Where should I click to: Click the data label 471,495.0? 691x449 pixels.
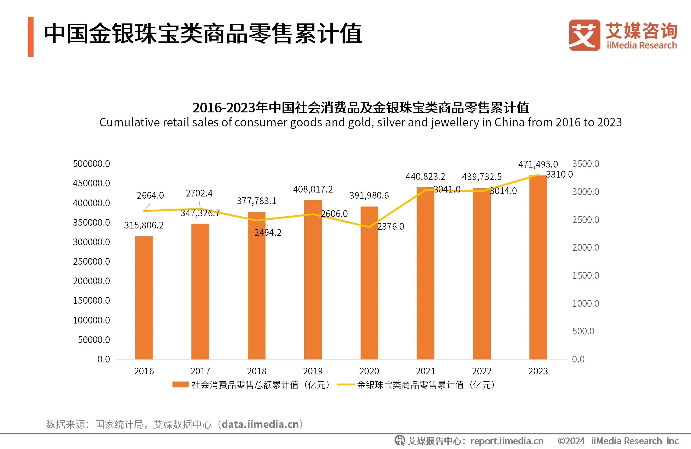point(538,164)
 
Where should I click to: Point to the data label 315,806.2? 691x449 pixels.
point(144,225)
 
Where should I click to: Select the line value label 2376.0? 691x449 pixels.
point(390,227)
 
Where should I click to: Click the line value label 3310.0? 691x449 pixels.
point(559,175)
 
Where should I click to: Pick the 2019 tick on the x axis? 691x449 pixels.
point(313,371)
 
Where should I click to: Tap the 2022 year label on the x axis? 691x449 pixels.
point(482,371)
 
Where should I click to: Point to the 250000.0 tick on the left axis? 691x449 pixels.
point(91,261)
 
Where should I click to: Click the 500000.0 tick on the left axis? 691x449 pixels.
point(91,164)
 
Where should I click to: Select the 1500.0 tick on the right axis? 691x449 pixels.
point(586,275)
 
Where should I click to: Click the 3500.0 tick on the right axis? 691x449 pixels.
point(586,164)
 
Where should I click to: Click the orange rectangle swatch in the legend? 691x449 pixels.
point(180,385)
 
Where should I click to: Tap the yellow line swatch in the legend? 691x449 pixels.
point(345,385)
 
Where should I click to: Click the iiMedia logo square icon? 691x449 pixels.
point(584,35)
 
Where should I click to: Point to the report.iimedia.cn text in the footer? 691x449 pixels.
point(507,441)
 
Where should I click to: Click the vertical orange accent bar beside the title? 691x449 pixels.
point(30,37)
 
